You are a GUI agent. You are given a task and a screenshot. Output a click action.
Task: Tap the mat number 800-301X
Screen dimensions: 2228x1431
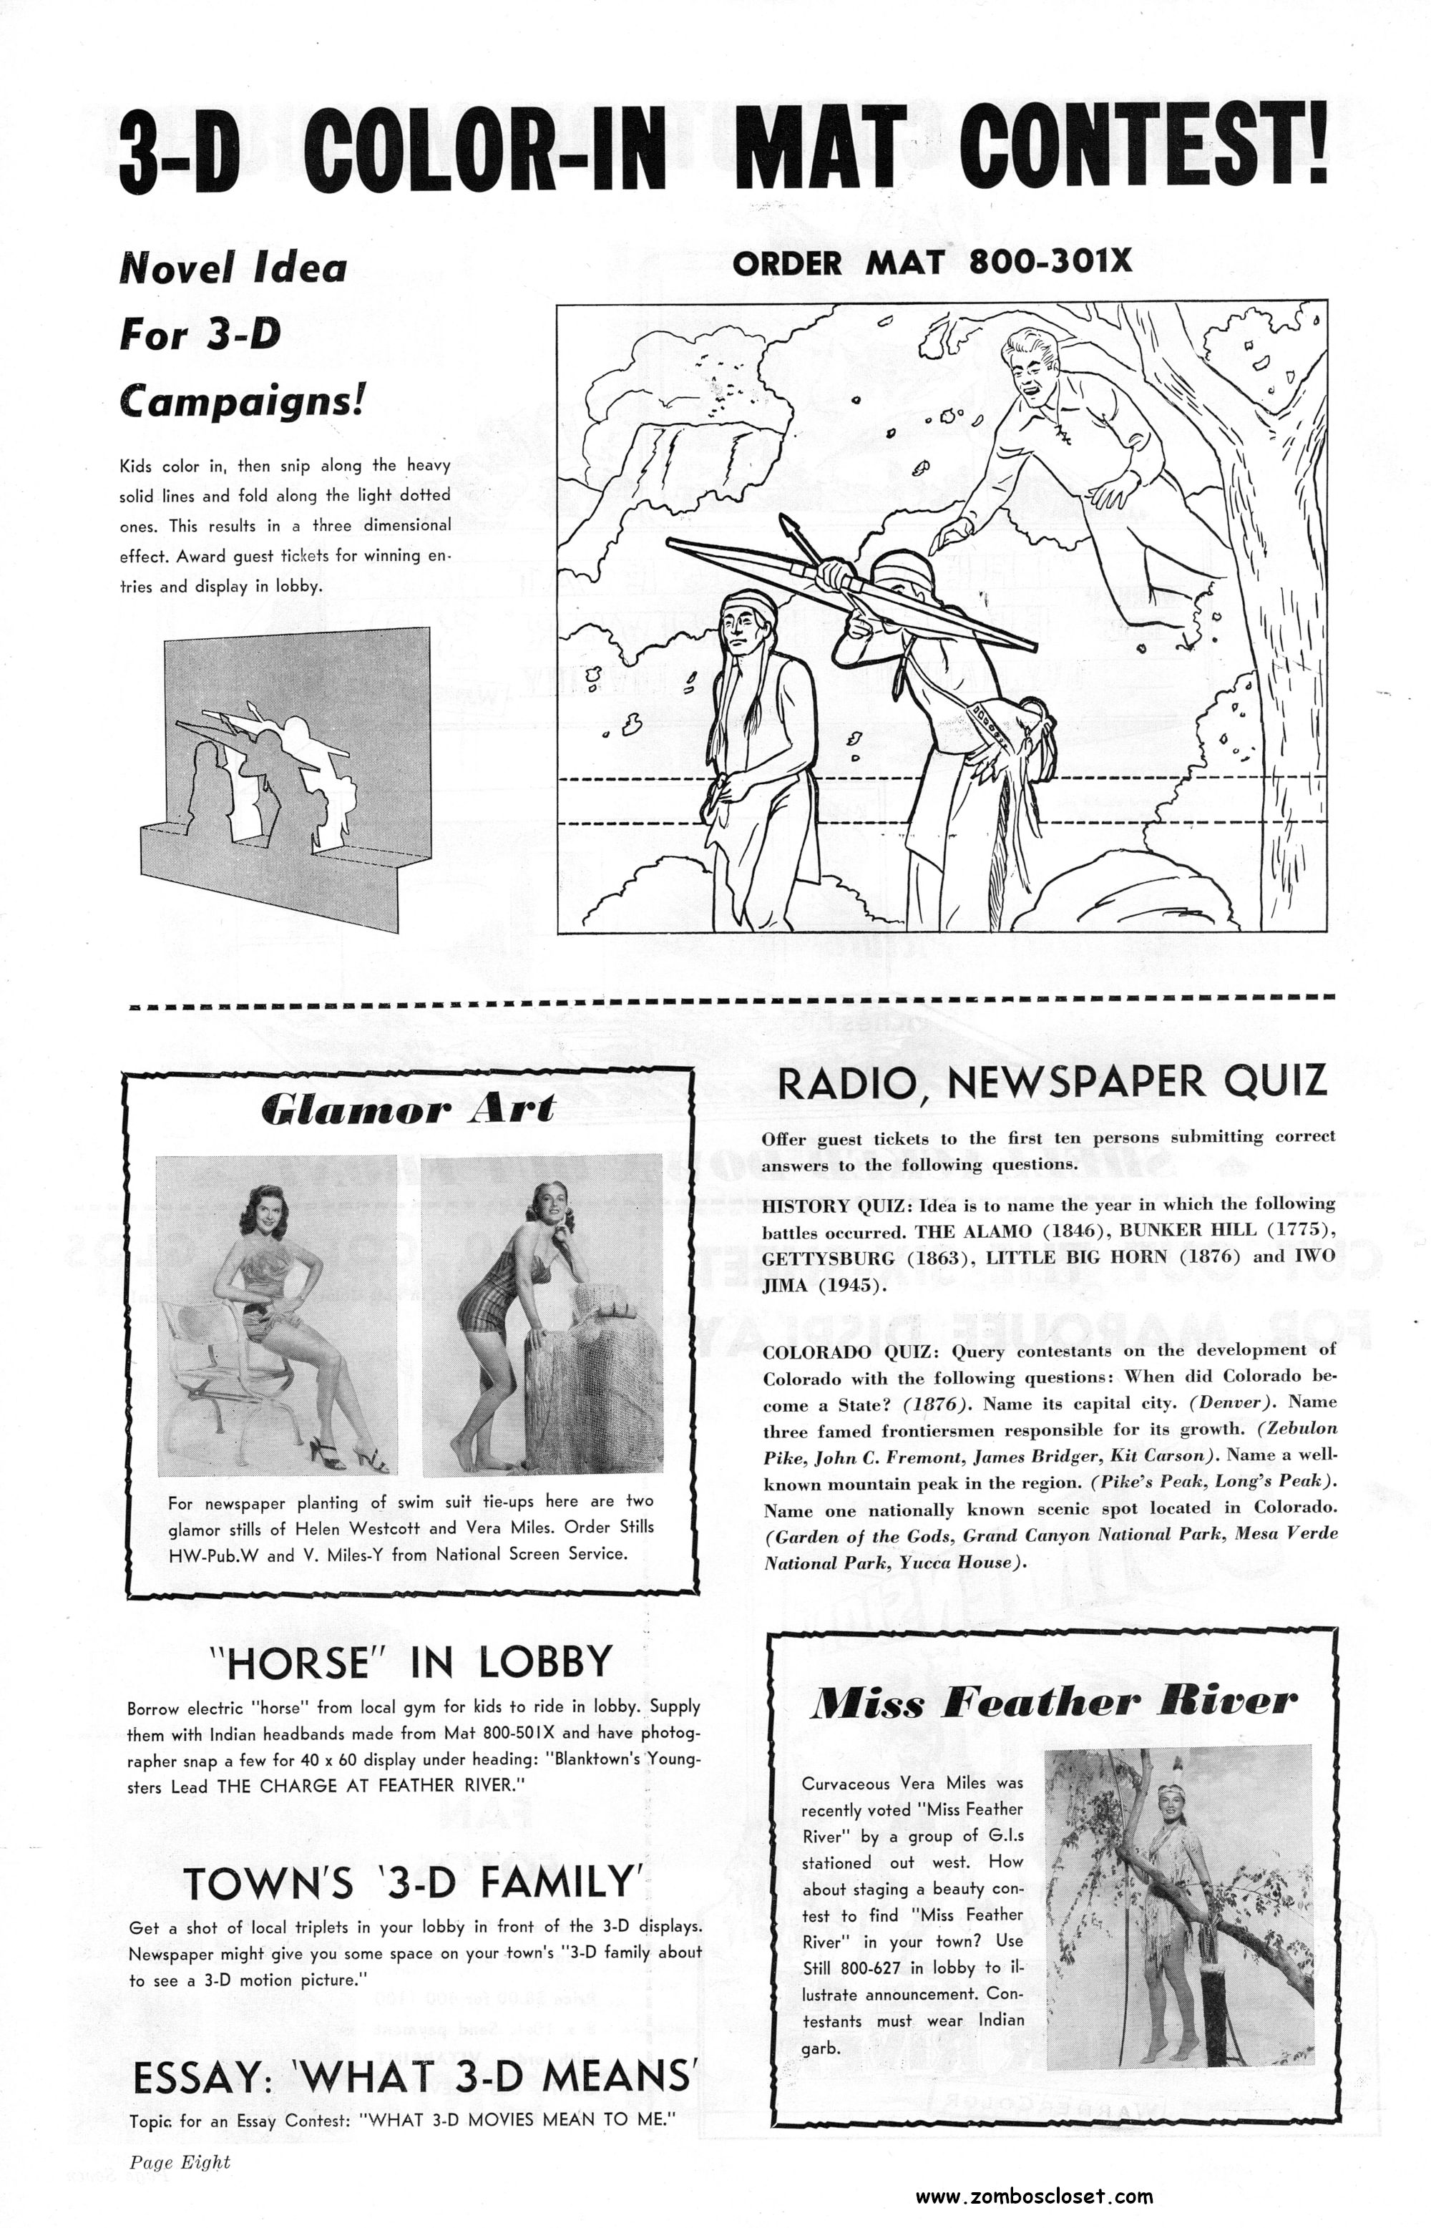[x=1051, y=262]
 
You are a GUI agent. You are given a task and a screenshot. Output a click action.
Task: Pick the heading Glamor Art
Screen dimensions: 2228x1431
[x=409, y=1108]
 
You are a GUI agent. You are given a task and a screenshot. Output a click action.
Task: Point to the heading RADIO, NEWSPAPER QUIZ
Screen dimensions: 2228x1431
[x=1051, y=1083]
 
